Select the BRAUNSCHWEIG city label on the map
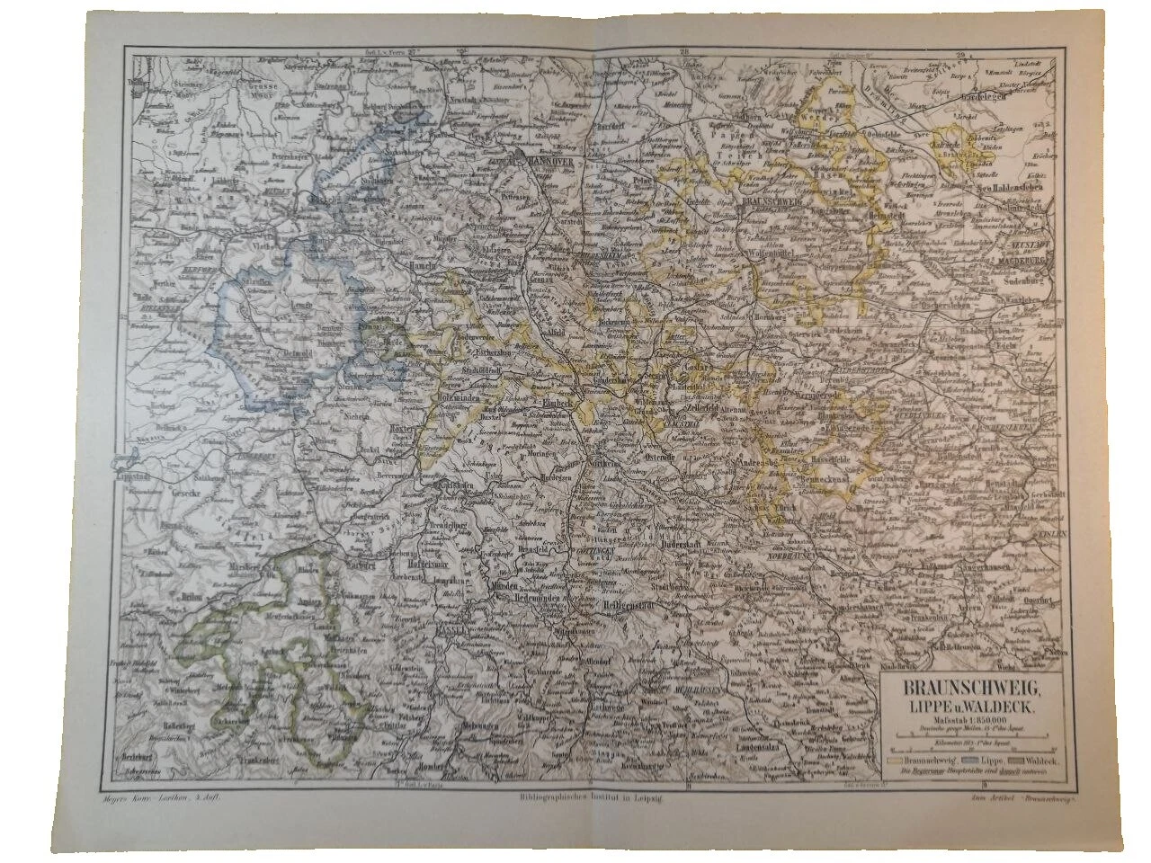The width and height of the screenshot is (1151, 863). pos(769,204)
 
